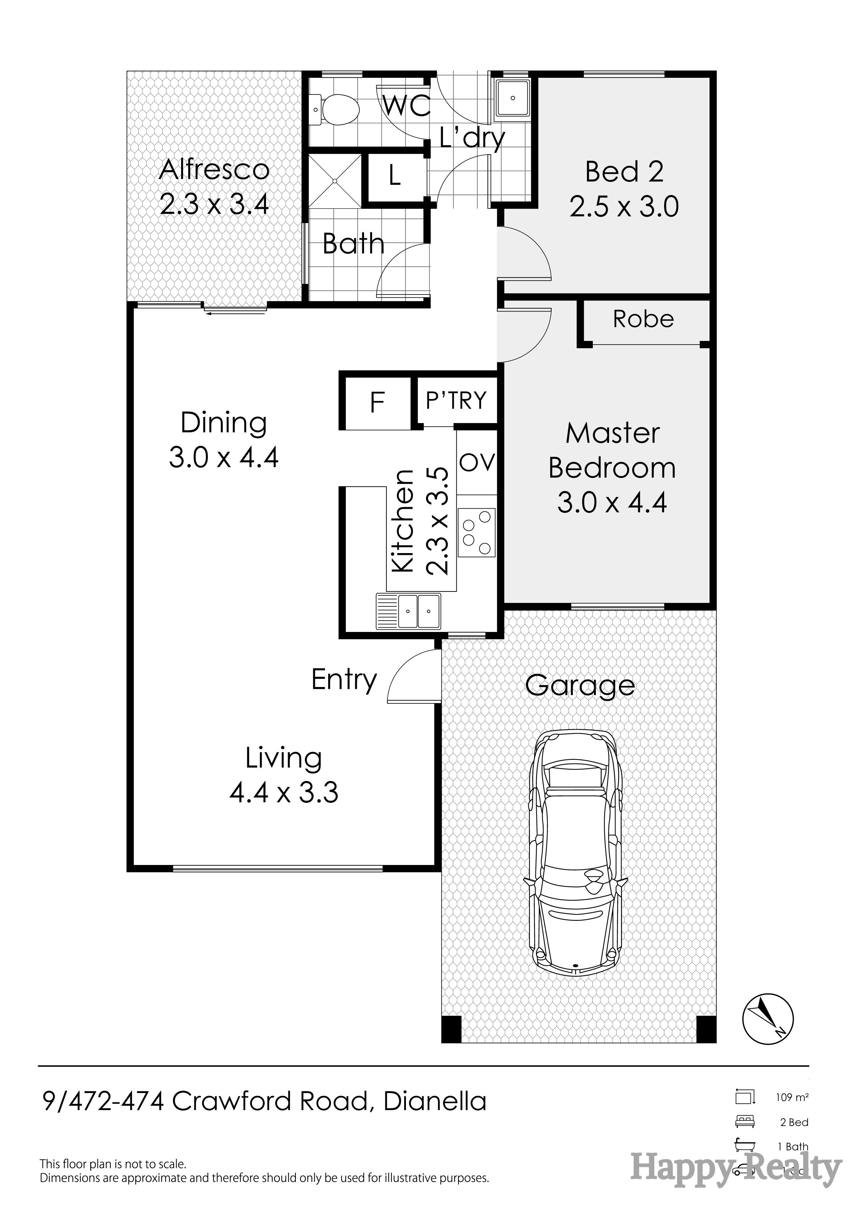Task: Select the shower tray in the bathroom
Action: point(335,180)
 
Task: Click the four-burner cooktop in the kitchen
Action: point(476,532)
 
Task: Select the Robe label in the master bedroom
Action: point(643,319)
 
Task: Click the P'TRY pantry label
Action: point(456,400)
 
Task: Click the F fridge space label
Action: point(377,402)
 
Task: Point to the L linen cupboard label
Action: point(395,177)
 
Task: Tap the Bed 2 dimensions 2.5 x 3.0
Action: point(624,206)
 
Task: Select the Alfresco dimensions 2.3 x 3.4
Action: point(214,204)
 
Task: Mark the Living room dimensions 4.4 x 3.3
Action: point(284,792)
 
